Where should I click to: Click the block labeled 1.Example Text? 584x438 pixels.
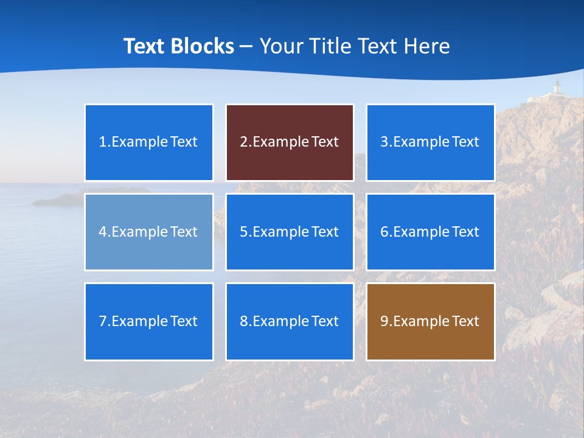click(149, 142)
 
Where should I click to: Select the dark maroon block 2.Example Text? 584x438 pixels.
click(290, 142)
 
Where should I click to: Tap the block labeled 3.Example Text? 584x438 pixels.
click(430, 142)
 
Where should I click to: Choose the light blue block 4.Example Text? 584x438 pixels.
click(149, 232)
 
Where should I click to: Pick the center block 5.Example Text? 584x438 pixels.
click(290, 232)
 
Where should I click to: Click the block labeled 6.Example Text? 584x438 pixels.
click(430, 232)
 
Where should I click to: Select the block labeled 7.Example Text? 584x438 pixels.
click(149, 321)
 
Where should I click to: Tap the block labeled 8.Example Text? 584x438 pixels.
click(290, 321)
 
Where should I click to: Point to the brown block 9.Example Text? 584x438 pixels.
click(430, 321)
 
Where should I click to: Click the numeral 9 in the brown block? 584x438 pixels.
click(384, 321)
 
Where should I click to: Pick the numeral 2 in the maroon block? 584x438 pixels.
click(243, 142)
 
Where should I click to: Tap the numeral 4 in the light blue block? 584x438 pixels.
click(103, 232)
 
